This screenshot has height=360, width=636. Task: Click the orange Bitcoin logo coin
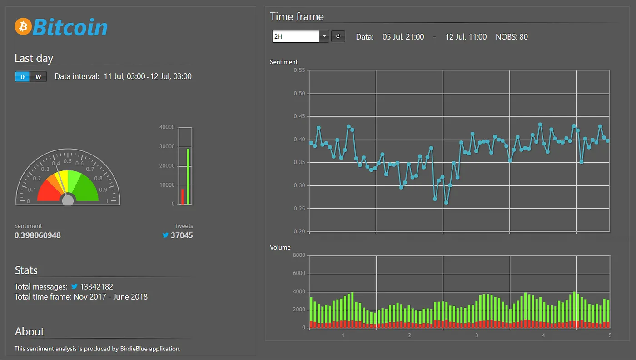[x=22, y=26]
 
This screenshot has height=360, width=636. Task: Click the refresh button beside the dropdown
[x=338, y=36]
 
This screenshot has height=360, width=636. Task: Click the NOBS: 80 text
[x=512, y=37]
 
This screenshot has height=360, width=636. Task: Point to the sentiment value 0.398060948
[x=37, y=235]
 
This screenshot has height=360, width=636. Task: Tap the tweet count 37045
[x=181, y=235]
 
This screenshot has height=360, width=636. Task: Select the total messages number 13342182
[x=96, y=287]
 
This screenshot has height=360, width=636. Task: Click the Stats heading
[x=26, y=270]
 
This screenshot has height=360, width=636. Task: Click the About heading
[x=30, y=332]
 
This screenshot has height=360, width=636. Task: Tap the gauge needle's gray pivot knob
[x=68, y=200]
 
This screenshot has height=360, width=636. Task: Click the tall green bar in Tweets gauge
[x=188, y=176]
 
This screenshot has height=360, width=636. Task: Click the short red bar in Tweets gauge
[x=183, y=196]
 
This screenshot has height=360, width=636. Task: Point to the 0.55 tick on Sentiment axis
[x=299, y=70]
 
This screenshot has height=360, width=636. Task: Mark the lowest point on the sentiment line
[x=446, y=203]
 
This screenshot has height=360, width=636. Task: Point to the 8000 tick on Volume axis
[x=298, y=255]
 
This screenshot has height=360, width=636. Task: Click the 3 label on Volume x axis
[x=476, y=335]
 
